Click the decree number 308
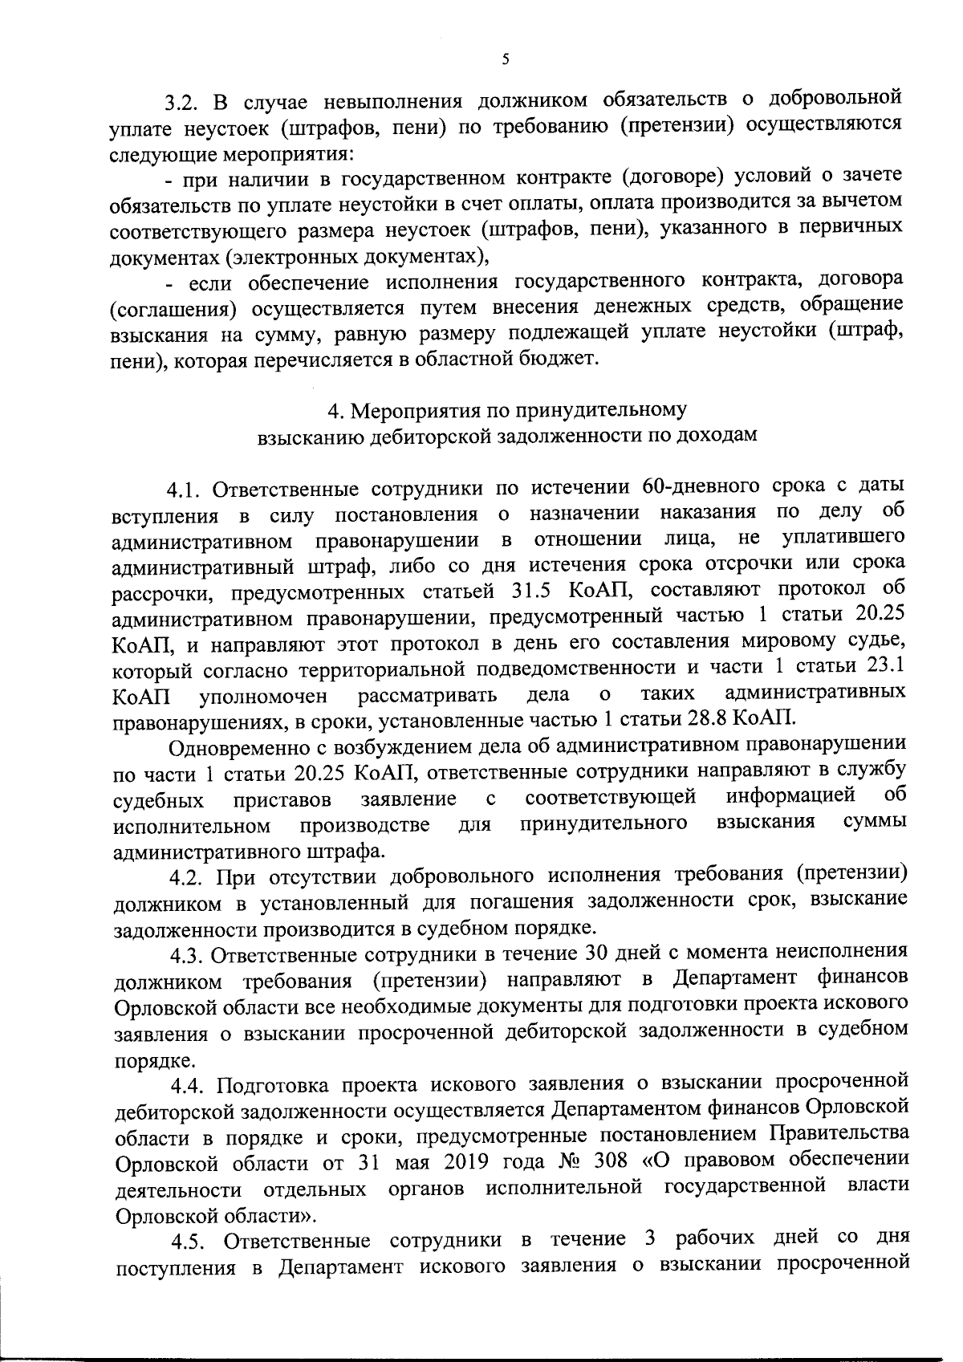[610, 1161]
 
